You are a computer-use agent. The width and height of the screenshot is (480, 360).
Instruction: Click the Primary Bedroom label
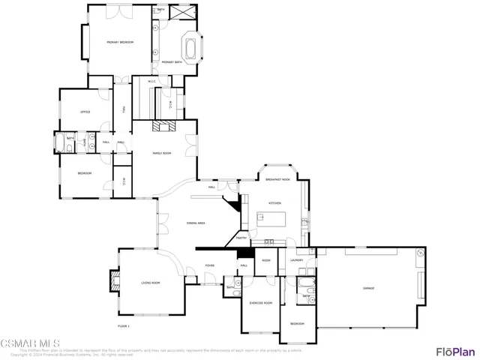120,42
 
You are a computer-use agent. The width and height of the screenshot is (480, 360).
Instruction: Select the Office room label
85,112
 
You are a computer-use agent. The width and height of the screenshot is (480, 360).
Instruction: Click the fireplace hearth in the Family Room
162,126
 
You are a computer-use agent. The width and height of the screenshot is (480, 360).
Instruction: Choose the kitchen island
273,219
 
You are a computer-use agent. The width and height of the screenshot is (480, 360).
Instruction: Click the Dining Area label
196,223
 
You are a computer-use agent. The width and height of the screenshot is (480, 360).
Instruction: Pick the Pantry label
241,238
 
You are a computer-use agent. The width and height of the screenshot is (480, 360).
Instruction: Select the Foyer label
210,265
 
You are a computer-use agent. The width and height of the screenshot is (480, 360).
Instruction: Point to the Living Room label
151,283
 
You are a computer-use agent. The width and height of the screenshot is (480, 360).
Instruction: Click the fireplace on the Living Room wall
115,280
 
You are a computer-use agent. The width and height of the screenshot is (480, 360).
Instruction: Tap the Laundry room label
297,260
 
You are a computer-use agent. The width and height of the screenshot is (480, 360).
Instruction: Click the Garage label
368,288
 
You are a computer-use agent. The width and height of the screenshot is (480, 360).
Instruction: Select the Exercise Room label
260,302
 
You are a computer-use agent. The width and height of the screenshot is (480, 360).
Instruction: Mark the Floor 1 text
124,326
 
